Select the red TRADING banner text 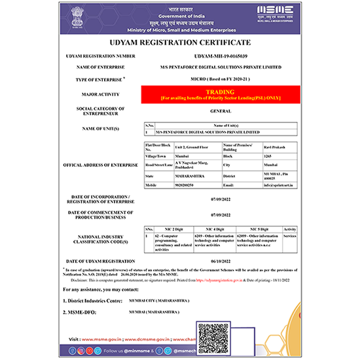[216, 92]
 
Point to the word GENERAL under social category [216, 111]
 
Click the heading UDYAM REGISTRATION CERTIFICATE [180, 42]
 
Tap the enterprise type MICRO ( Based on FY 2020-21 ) [216, 78]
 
